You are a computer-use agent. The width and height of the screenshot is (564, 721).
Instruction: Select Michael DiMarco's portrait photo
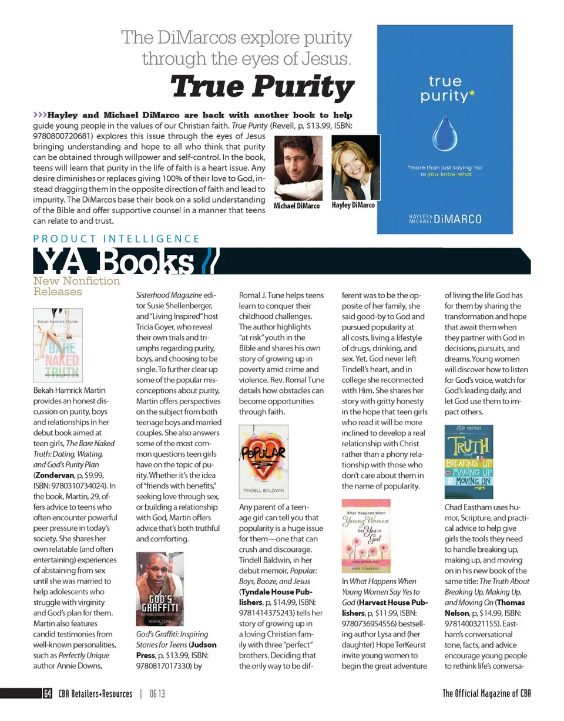click(x=298, y=168)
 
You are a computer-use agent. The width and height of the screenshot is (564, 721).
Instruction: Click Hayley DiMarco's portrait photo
click(x=352, y=168)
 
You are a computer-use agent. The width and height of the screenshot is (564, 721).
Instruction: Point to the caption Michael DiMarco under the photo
click(x=297, y=207)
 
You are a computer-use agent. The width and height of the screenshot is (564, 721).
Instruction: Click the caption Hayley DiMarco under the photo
click(x=353, y=205)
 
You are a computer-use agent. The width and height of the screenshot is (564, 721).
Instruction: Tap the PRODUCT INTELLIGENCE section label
click(x=116, y=239)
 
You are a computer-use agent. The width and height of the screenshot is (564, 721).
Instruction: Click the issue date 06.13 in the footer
click(x=157, y=693)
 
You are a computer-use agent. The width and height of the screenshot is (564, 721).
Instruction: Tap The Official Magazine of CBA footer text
click(x=487, y=693)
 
